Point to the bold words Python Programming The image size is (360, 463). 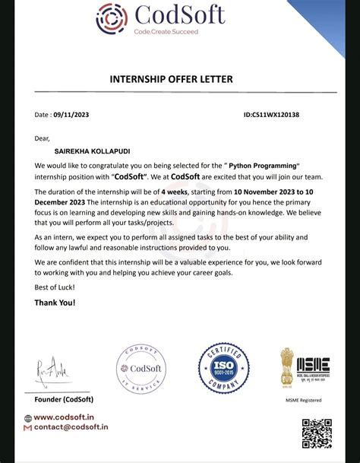pos(262,165)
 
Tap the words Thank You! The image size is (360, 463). pos(55,303)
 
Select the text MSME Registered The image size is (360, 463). pos(304,400)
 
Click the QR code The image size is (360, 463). pos(317,433)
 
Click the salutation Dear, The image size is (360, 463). pos(42,138)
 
